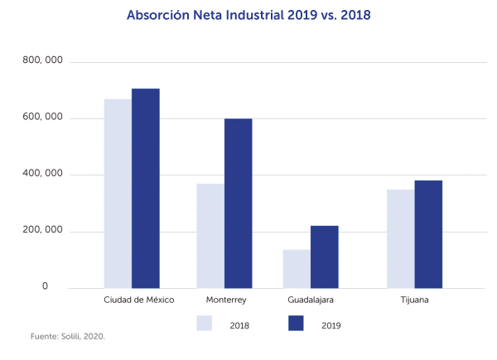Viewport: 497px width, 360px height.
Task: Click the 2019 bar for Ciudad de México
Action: pyautogui.click(x=146, y=188)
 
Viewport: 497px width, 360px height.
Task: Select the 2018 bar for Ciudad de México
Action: pyautogui.click(x=118, y=193)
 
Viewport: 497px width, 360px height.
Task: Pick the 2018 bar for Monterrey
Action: pyautogui.click(x=210, y=236)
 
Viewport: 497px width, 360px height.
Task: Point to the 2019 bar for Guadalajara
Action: pyautogui.click(x=325, y=257)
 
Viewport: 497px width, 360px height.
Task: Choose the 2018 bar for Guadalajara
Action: pyautogui.click(x=297, y=268)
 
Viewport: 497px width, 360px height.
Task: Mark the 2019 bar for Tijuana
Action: pyautogui.click(x=429, y=234)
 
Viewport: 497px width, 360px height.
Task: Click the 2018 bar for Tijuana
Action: pyautogui.click(x=401, y=238)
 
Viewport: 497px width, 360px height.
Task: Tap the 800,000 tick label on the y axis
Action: pyautogui.click(x=43, y=62)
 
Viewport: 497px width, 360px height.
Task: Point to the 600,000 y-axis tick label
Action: pyautogui.click(x=43, y=118)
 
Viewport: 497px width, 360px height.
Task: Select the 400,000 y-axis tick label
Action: pyautogui.click(x=43, y=175)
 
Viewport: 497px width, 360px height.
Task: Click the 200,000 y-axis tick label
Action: pyautogui.click(x=43, y=231)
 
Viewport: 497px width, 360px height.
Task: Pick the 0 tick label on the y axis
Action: pyautogui.click(x=46, y=287)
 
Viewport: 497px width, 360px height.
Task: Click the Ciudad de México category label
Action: pyautogui.click(x=139, y=300)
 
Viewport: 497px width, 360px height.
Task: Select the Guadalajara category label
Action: pyautogui.click(x=311, y=300)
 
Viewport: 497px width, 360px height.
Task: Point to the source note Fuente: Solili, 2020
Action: pyautogui.click(x=68, y=337)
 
